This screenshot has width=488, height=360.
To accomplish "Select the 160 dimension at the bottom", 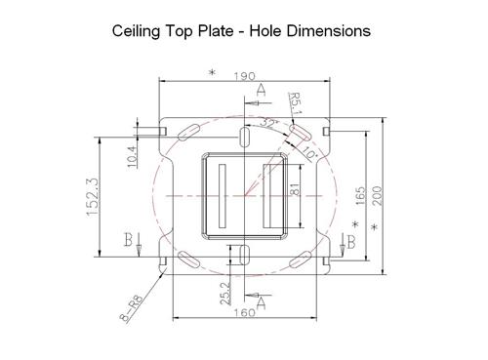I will (244, 312).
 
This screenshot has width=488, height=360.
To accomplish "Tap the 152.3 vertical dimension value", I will (93, 198).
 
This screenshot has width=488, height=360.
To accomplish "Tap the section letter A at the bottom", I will (261, 298).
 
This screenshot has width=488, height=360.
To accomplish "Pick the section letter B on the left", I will (130, 240).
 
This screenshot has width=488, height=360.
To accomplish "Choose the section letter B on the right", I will (349, 244).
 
